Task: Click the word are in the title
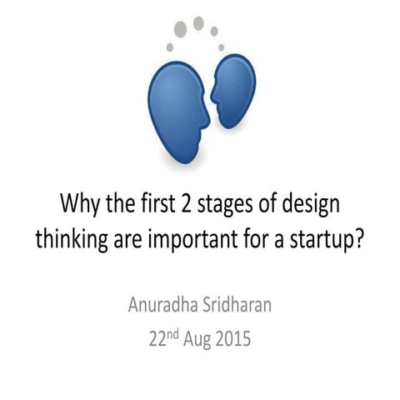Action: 131,237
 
